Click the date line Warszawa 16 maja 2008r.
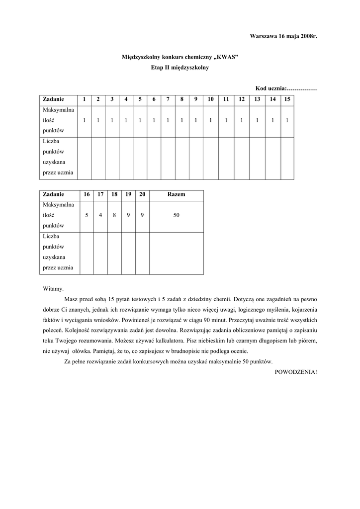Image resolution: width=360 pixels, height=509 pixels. click(283, 37)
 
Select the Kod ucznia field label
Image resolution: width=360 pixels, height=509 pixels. click(271, 88)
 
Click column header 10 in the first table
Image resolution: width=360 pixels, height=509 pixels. click(211, 99)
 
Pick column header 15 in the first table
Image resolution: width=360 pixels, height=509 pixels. click(287, 99)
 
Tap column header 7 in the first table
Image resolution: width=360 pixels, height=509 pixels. click(168, 99)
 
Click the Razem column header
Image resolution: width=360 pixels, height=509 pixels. click(176, 194)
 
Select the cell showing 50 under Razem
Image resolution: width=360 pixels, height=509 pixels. click(176, 215)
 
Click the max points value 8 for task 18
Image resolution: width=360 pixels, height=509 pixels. click(114, 215)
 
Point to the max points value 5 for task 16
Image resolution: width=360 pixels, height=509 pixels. click(87, 215)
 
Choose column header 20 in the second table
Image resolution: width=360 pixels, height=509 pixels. click(142, 194)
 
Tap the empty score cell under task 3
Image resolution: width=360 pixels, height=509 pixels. click(112, 158)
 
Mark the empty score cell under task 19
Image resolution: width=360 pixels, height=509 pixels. click(128, 253)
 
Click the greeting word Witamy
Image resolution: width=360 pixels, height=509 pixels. click(53, 288)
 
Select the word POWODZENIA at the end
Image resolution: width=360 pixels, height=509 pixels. click(295, 371)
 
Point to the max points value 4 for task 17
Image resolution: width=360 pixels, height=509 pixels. click(100, 215)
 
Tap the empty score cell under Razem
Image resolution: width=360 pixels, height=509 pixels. click(176, 253)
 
